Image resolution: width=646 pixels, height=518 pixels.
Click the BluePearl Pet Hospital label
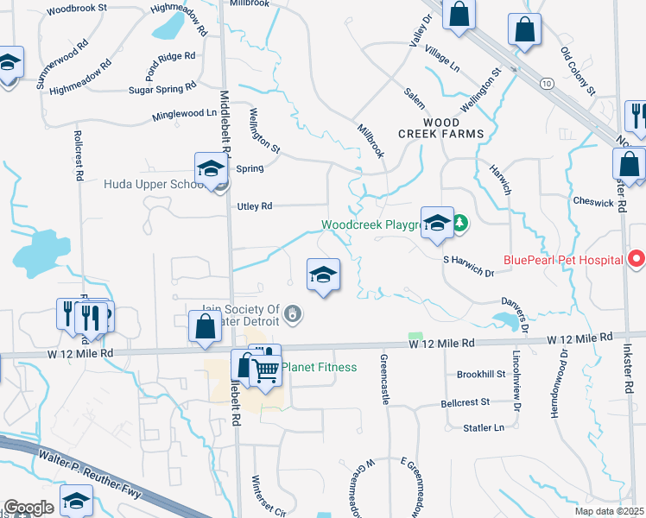(x=563, y=260)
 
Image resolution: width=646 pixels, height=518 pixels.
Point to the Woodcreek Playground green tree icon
(x=460, y=224)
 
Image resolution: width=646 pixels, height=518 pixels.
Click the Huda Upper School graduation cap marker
(x=210, y=169)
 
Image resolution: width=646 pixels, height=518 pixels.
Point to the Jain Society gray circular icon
(x=294, y=314)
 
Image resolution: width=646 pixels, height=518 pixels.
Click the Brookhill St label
(x=481, y=374)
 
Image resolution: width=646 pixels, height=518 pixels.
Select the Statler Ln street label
(x=484, y=427)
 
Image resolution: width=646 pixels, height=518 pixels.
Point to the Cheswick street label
(x=593, y=202)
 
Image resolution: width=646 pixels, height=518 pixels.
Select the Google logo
(x=28, y=507)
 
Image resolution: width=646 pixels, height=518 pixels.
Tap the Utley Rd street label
(x=255, y=206)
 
